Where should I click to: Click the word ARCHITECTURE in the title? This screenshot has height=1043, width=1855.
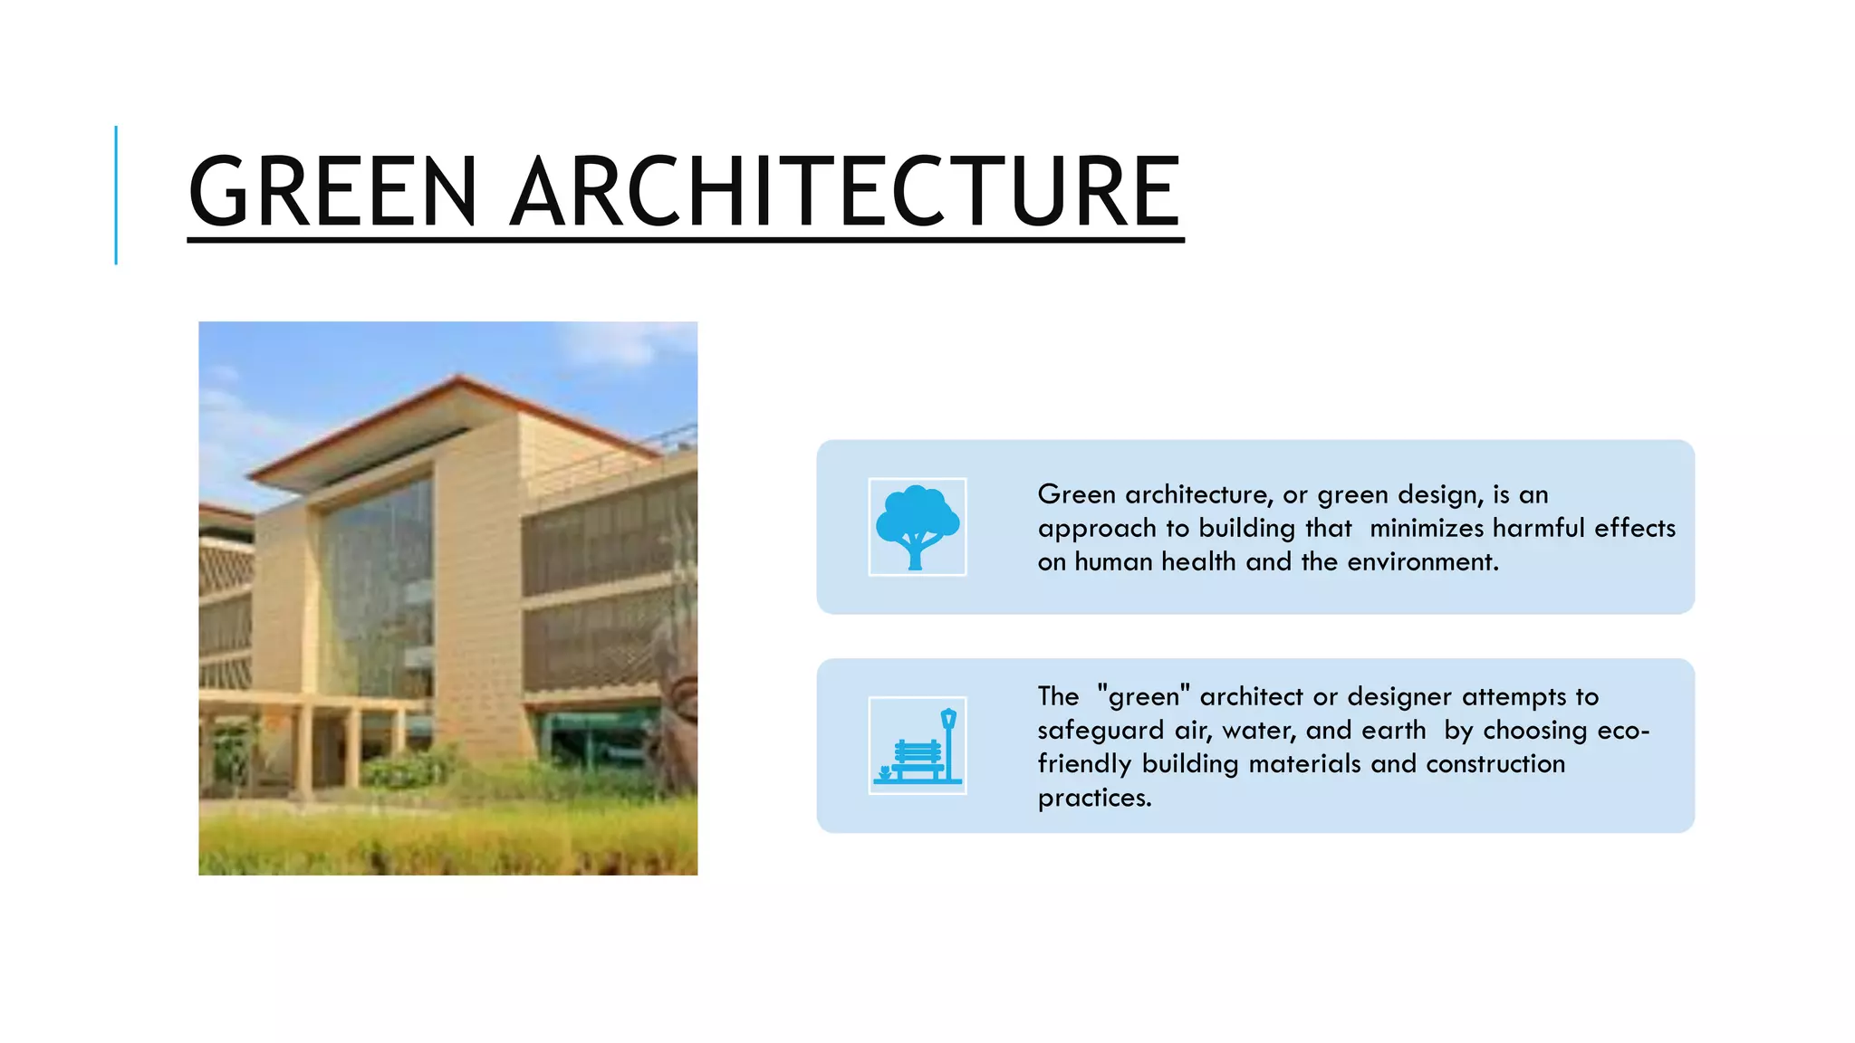[x=844, y=192]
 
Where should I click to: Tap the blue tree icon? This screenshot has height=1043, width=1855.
[x=917, y=527]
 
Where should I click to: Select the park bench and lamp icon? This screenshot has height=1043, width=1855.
[x=917, y=745]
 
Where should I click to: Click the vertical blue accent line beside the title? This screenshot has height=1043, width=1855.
[x=116, y=195]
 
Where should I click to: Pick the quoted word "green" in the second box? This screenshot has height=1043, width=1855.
[x=1143, y=697]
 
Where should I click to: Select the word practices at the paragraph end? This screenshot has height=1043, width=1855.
[x=1093, y=799]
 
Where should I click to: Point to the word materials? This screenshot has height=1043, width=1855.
[x=1304, y=764]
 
